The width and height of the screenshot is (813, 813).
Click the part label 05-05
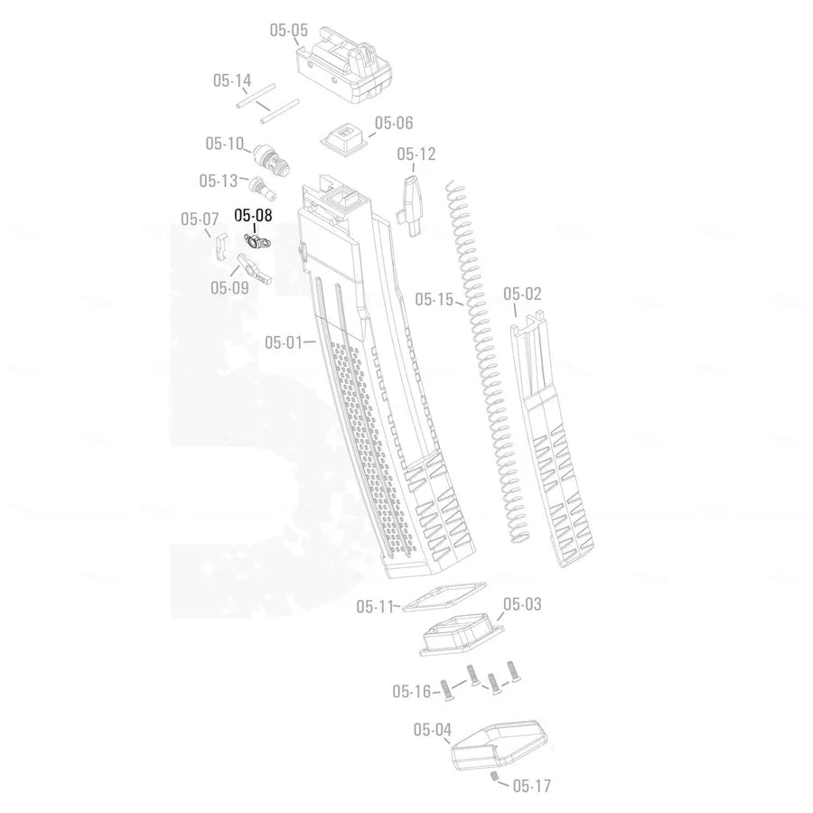[288, 30]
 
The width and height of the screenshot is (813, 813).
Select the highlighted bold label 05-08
[253, 215]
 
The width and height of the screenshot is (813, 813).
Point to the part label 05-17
[531, 786]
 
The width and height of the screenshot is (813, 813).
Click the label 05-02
[522, 294]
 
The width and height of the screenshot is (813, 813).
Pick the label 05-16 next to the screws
[411, 692]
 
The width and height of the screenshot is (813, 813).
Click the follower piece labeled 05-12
[413, 203]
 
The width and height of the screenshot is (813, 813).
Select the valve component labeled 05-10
[268, 159]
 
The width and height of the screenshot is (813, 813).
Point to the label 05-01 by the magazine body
[283, 342]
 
